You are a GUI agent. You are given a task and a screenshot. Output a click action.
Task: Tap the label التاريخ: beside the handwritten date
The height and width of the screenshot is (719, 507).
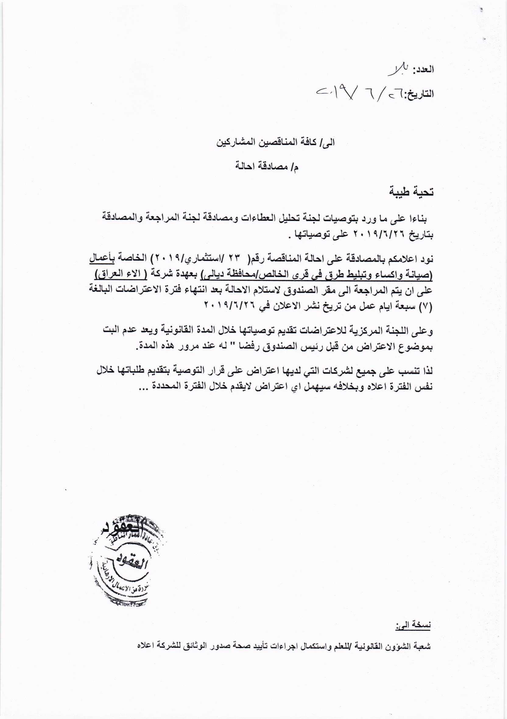pyautogui.click(x=419, y=93)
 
